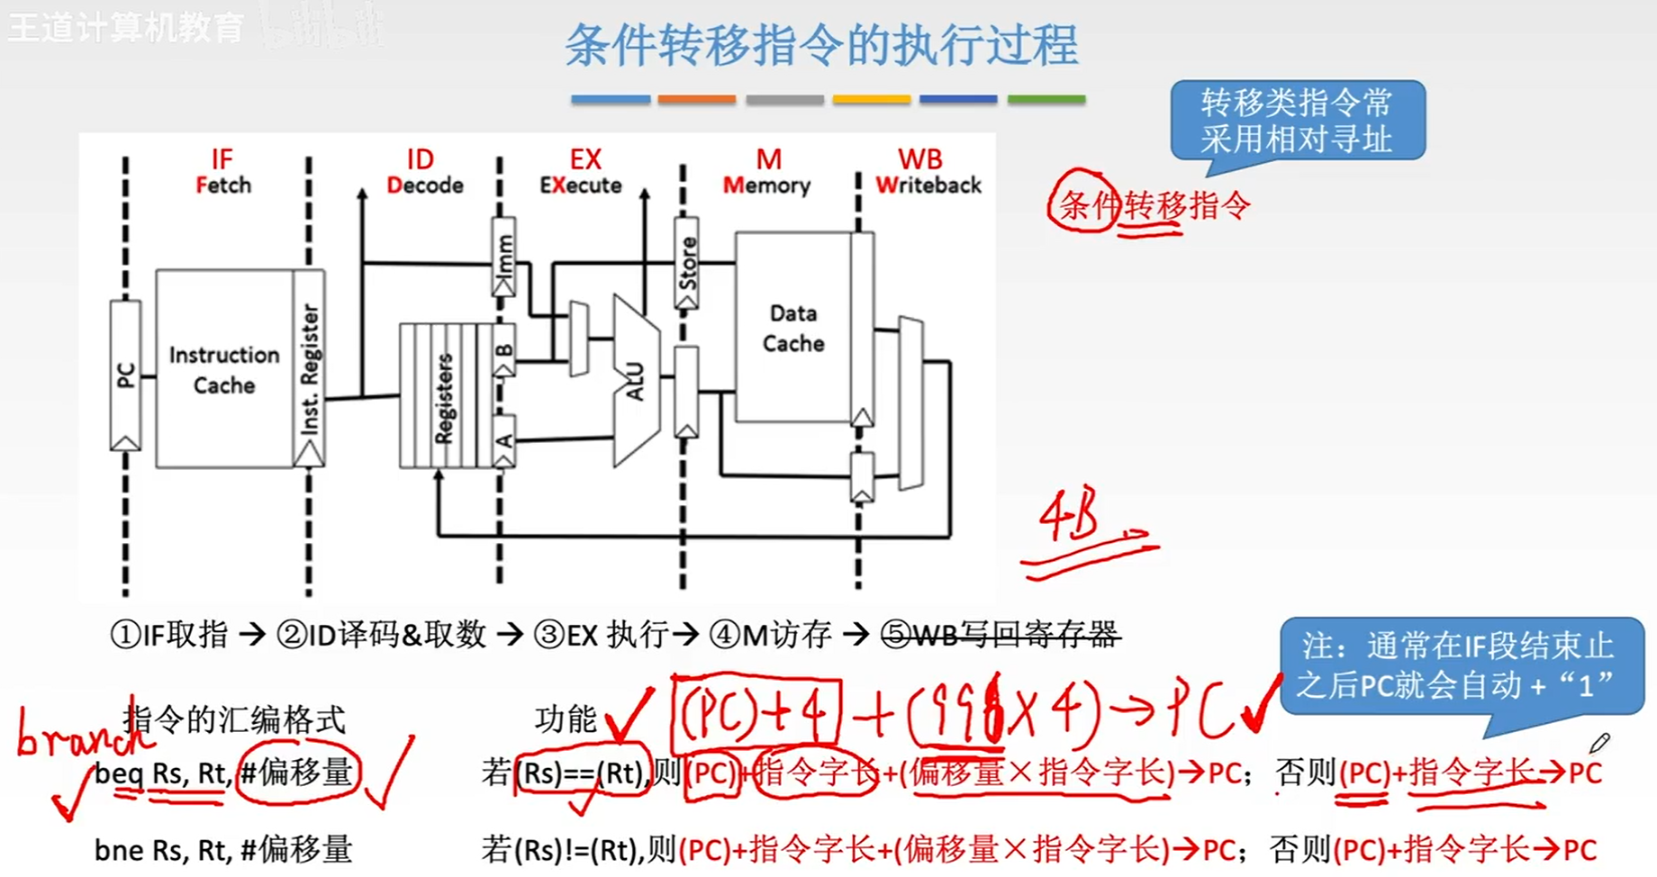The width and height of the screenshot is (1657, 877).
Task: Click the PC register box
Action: [125, 375]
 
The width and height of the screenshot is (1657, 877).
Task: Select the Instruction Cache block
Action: [223, 369]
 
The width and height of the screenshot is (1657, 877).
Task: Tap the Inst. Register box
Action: [309, 369]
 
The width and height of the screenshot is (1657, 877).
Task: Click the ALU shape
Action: [636, 380]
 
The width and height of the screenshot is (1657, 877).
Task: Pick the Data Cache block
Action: [792, 328]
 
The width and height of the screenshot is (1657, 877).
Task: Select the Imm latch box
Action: [504, 256]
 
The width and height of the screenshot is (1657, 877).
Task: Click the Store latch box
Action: [687, 263]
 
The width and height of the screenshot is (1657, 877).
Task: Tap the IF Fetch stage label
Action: [222, 172]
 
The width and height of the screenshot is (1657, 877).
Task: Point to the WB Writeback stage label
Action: [927, 172]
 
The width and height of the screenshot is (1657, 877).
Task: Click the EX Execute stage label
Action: [582, 172]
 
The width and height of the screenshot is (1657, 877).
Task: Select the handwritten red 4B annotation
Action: [1072, 518]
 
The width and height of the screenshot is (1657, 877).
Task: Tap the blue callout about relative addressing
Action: [1297, 121]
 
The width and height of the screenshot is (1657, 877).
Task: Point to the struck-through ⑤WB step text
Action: [1000, 635]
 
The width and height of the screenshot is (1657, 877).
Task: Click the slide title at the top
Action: [821, 45]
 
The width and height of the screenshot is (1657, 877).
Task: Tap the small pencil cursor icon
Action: [1598, 744]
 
